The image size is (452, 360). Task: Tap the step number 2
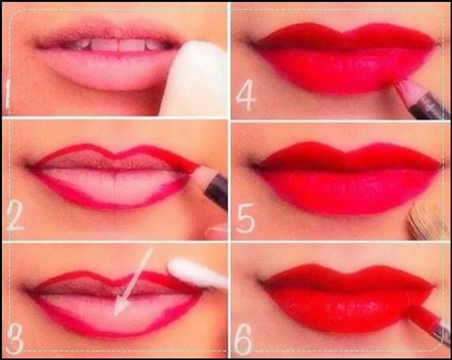click(x=16, y=216)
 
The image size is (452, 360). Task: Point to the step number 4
click(x=246, y=95)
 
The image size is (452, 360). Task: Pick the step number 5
click(x=245, y=218)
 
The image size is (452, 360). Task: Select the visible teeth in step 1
click(x=117, y=45)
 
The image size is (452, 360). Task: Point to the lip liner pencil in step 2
click(x=208, y=185)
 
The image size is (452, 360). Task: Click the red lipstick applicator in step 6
click(x=427, y=322)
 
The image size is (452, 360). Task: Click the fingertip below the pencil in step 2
click(x=217, y=232)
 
